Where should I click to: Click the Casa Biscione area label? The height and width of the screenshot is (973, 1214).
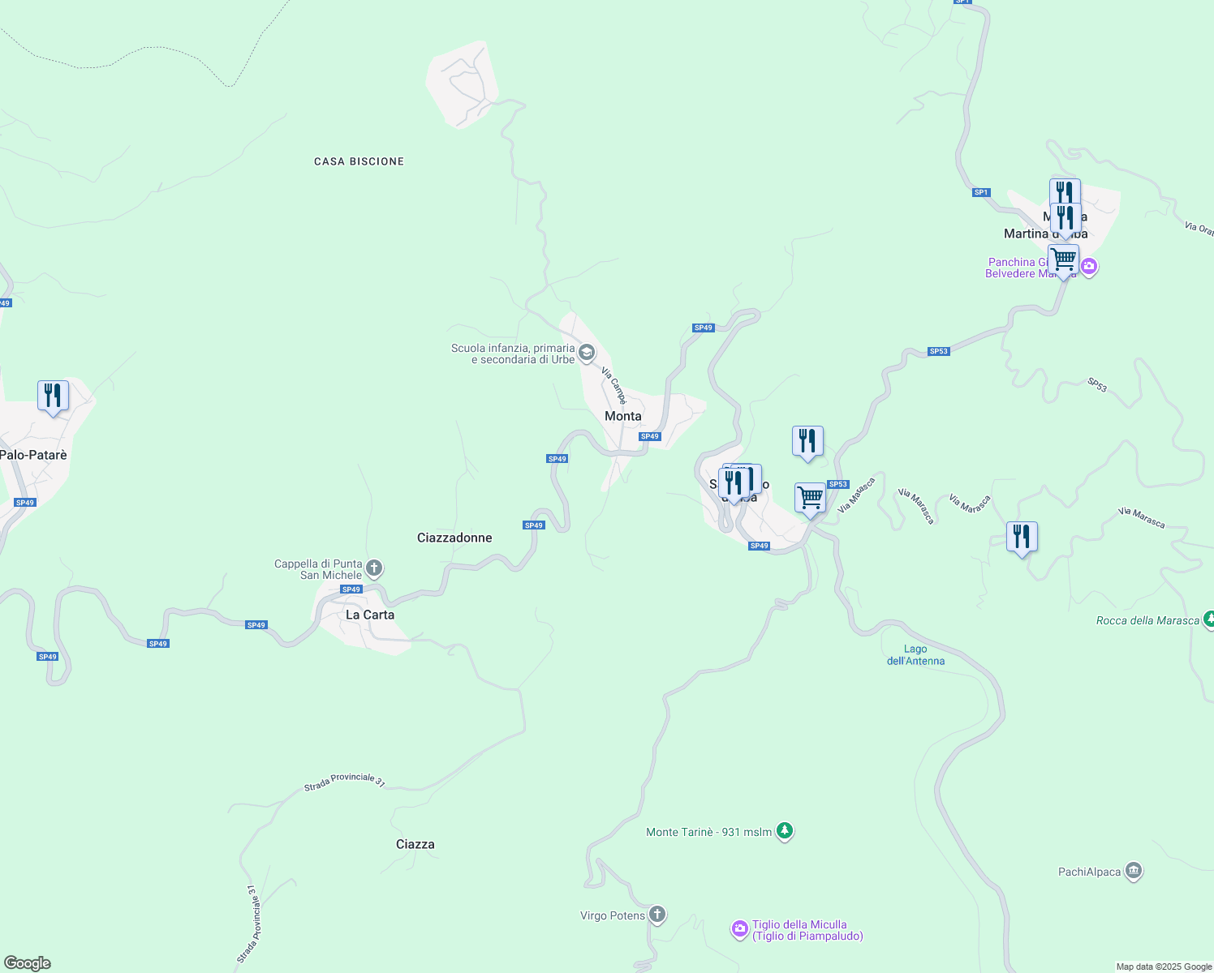tap(359, 162)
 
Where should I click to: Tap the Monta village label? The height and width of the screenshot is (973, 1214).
tap(623, 416)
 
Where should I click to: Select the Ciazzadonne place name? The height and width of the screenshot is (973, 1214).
tap(454, 538)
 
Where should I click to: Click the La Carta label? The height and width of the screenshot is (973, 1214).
tap(370, 615)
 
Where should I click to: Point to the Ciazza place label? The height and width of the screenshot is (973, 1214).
tap(415, 844)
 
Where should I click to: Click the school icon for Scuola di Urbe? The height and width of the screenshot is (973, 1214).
tap(587, 354)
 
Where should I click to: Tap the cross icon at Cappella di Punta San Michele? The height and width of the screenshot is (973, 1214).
tap(374, 568)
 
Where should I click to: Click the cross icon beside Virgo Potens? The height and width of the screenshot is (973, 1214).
tap(657, 915)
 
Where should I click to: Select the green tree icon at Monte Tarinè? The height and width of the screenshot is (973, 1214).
tap(785, 831)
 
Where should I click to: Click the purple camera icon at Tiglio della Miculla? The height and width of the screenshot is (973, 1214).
tap(739, 929)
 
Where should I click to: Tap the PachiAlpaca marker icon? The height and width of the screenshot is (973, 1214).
tap(1134, 872)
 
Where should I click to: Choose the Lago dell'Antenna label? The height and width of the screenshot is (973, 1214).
tap(915, 654)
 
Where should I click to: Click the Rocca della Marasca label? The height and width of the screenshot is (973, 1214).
tap(1147, 621)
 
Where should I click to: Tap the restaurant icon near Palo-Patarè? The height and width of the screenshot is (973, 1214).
tap(53, 396)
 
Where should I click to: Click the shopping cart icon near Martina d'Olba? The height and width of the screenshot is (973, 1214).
tap(1063, 260)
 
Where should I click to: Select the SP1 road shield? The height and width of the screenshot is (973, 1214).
tap(981, 192)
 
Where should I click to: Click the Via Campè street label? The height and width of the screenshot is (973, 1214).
tap(614, 386)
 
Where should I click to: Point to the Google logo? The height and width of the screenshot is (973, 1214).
tap(28, 963)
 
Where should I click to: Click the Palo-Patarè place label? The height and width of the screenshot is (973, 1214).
tap(33, 455)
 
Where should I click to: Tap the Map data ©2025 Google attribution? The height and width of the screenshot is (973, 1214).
tap(1164, 967)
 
